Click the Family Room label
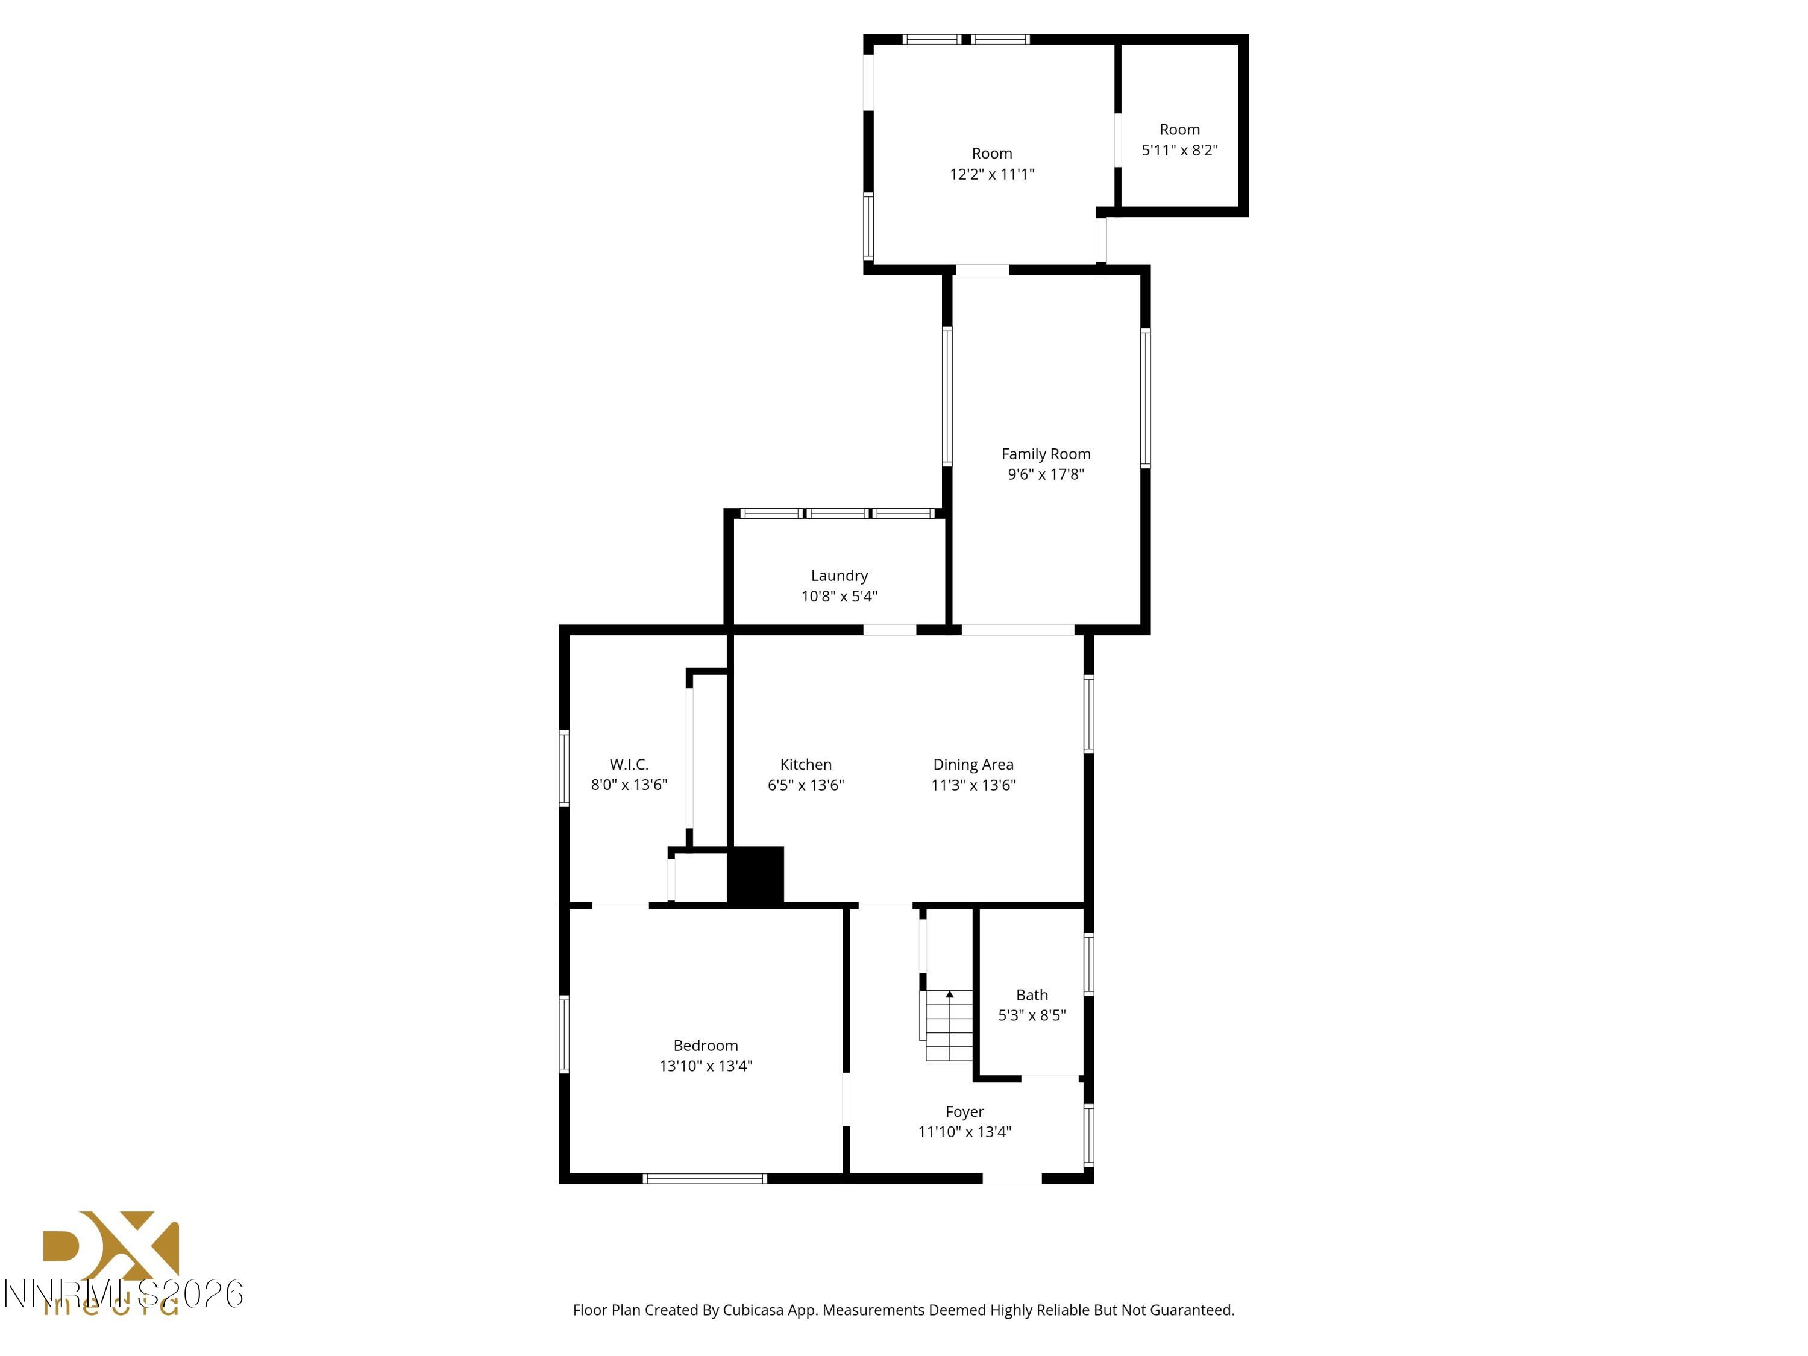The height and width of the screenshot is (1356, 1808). click(x=1046, y=454)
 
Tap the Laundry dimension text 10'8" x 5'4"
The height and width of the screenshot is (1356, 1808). click(x=839, y=596)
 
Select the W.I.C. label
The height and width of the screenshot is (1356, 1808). click(x=629, y=764)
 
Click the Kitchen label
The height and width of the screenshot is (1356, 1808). click(x=805, y=764)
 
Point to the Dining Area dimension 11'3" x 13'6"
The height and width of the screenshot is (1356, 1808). click(x=973, y=785)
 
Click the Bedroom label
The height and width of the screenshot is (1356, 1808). click(x=705, y=1046)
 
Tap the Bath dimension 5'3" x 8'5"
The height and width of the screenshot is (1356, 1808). click(x=1032, y=1015)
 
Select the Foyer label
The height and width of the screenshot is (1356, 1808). click(x=964, y=1111)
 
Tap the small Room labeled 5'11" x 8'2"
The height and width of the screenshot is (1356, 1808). click(x=1179, y=129)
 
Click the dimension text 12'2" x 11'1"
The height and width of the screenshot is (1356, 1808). click(x=991, y=174)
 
